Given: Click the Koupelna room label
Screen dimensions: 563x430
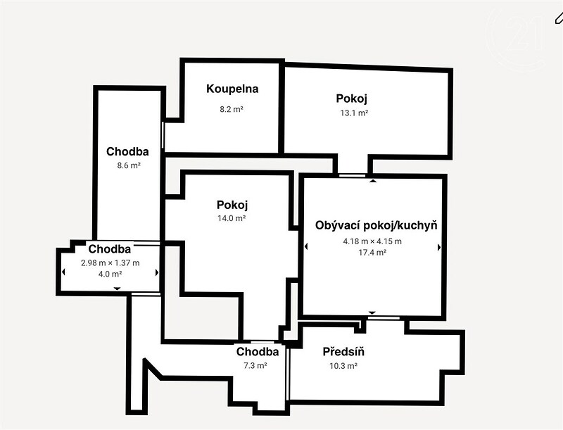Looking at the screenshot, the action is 232,89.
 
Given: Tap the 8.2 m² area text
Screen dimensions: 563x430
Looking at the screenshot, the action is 232,109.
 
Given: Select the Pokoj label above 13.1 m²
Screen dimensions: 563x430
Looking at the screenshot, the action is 351,99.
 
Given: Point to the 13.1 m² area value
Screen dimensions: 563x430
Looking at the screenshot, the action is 355,113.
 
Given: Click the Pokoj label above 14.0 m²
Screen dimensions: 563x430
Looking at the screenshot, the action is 232,205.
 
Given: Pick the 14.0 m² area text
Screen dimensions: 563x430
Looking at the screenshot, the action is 232,218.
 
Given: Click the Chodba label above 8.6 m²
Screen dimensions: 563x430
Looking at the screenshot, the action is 127,151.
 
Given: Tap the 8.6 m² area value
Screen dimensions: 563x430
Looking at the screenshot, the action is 129,165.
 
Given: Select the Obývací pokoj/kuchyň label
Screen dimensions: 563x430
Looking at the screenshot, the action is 377,226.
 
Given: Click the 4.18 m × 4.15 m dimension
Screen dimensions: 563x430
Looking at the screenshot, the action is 372,241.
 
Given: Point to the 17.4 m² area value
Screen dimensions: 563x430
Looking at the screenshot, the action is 372,253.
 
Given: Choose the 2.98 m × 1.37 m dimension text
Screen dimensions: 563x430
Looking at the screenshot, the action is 110,263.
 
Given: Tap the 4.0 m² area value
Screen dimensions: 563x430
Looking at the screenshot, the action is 110,274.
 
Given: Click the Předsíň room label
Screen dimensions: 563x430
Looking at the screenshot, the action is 343,352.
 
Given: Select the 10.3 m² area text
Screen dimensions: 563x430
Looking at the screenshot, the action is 343,366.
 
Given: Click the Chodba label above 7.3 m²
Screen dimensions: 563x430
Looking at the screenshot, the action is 258,352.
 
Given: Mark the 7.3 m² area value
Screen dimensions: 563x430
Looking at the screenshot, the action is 255,366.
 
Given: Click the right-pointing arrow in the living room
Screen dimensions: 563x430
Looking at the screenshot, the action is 439,247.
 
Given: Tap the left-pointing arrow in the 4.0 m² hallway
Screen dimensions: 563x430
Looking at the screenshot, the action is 63,272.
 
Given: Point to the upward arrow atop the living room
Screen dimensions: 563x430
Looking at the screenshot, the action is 373,181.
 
